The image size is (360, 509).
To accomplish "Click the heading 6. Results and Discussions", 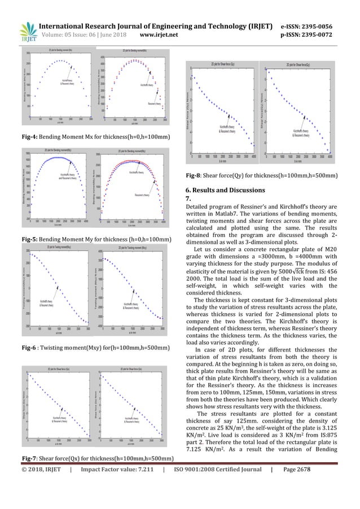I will pos(229,190).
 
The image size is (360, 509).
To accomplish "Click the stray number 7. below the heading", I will pos(188,199).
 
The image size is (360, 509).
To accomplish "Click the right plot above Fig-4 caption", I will pos(134,86).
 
